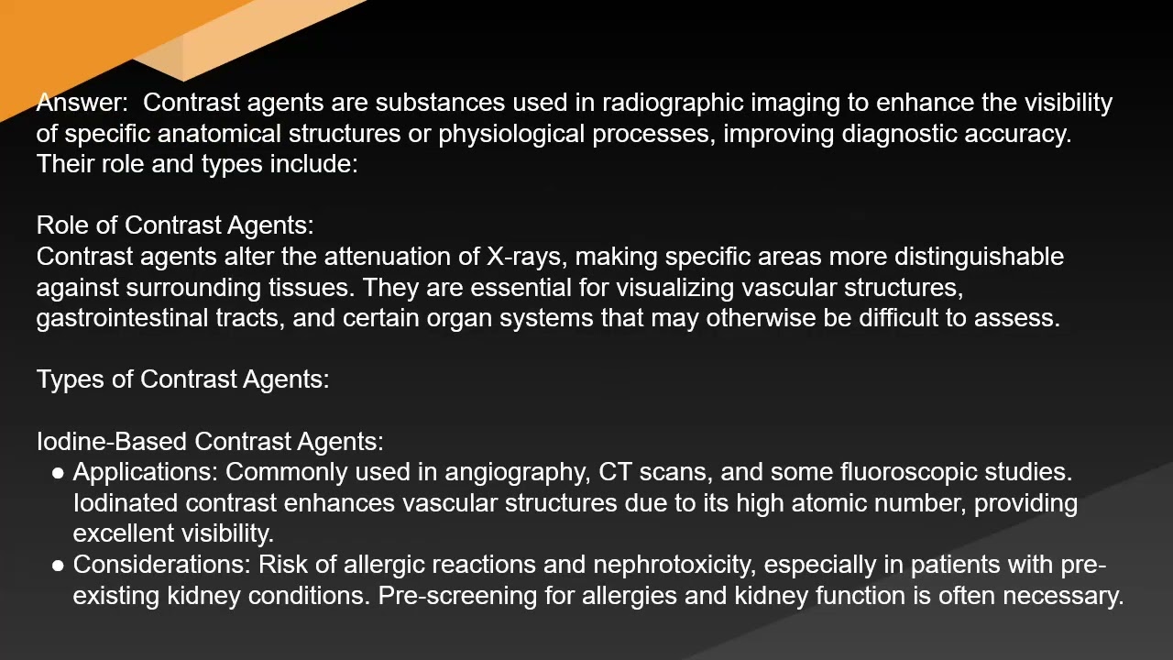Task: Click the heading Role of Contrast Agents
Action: click(174, 225)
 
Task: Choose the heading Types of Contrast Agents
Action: click(182, 379)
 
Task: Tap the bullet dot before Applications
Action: click(58, 473)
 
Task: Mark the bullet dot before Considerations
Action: click(58, 566)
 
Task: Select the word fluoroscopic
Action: click(907, 473)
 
